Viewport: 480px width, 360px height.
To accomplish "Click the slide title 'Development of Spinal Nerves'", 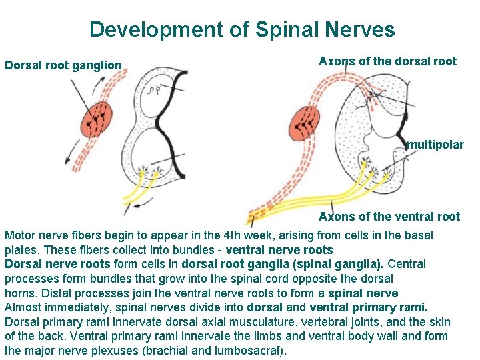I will coord(241,29).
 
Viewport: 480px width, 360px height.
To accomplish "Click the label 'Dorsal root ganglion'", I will coord(63,65).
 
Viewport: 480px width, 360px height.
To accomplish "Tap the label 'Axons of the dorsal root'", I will coord(387,61).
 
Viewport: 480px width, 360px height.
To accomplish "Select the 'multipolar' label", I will coord(435,145).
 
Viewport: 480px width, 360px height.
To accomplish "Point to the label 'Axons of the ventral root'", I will coord(389,216).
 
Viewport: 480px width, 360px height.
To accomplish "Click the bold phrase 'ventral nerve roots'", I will coord(279,250).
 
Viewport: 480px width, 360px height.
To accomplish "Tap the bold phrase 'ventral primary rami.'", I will coord(369,307).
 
